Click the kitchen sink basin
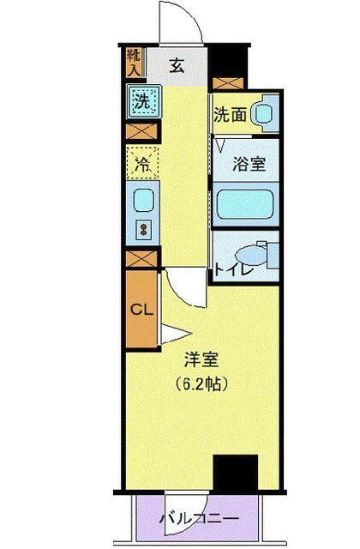142,201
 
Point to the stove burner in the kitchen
142,231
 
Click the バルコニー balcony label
199,518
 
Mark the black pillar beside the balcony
235,473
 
